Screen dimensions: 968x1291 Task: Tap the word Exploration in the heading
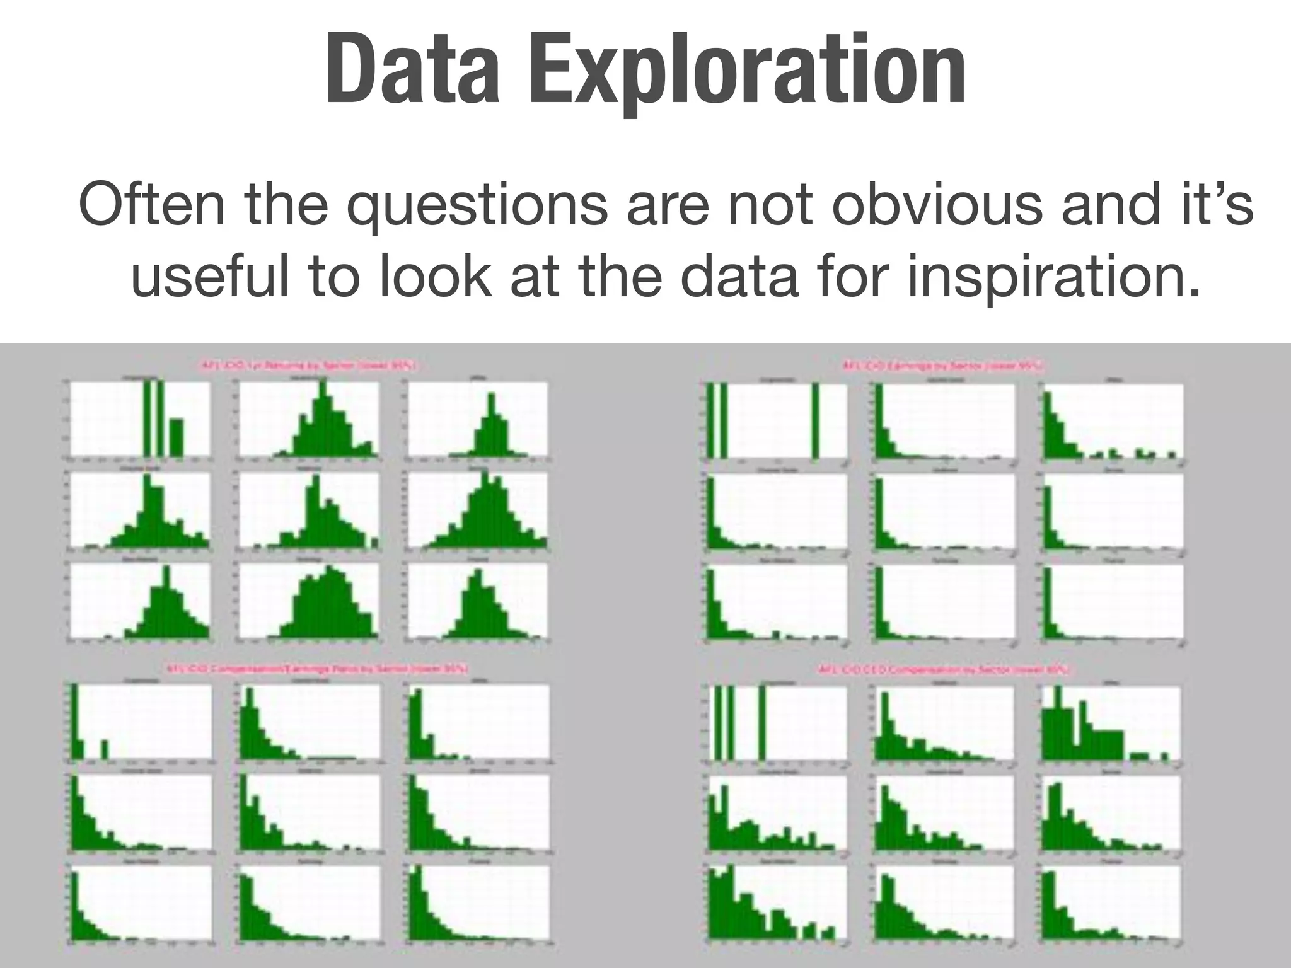point(747,71)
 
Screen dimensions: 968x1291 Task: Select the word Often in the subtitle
point(151,204)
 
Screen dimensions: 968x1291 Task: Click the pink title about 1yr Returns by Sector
point(308,366)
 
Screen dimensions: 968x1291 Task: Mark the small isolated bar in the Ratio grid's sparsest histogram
point(105,749)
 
